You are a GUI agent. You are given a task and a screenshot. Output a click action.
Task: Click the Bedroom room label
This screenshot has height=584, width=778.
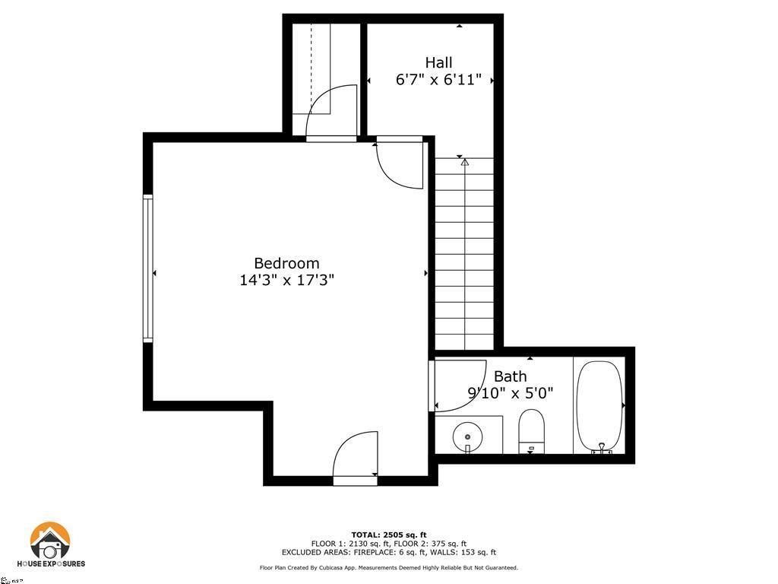[x=286, y=263]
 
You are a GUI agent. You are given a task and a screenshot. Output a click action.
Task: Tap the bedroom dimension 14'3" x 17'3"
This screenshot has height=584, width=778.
[x=286, y=280]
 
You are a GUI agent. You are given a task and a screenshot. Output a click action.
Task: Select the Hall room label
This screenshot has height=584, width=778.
[x=438, y=62]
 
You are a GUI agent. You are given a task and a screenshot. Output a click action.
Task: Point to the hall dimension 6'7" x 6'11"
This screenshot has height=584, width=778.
[x=438, y=79]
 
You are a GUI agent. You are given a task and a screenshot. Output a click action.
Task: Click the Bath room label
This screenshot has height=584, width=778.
[x=510, y=376]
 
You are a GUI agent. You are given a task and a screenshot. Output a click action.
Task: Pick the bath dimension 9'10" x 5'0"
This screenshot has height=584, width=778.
[x=510, y=393]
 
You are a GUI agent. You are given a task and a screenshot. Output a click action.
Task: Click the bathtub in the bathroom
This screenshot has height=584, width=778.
[x=599, y=406]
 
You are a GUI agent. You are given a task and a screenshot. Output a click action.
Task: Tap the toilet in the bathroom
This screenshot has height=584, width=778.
[x=532, y=430]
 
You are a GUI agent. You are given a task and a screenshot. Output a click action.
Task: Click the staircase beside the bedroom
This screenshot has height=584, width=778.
[x=464, y=251]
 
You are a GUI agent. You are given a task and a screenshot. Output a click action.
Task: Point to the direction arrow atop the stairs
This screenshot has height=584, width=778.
[x=464, y=162]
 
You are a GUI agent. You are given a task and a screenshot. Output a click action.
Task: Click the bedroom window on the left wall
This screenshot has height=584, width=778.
[x=148, y=268]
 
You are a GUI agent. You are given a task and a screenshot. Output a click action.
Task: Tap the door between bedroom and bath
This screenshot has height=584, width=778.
[x=458, y=385]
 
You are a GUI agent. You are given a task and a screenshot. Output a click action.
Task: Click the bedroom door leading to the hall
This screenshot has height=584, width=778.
[x=401, y=163]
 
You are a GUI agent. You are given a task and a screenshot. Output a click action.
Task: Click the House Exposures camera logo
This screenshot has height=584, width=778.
[x=50, y=542]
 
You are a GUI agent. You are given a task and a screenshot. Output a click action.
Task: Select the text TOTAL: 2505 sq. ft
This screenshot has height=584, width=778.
[x=388, y=535]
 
